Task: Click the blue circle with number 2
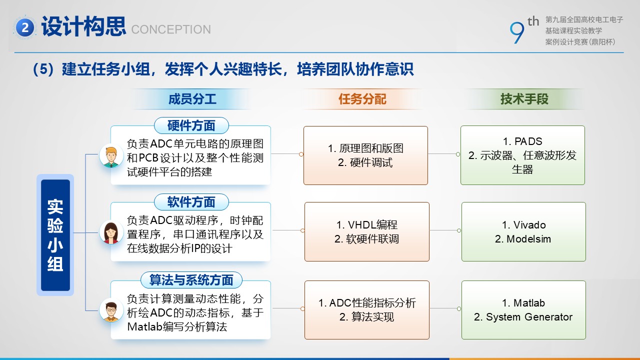(25, 27)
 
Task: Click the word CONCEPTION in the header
(171, 29)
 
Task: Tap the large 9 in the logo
(517, 33)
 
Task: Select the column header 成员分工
(192, 99)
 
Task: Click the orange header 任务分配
(362, 99)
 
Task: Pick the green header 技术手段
(524, 99)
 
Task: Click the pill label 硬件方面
(191, 125)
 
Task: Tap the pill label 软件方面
(191, 202)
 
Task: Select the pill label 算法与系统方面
(191, 280)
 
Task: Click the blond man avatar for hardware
(111, 156)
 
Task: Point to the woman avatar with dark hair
(111, 232)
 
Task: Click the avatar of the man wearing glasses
(111, 310)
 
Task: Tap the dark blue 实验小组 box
(55, 235)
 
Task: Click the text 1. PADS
(522, 141)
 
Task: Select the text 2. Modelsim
(523, 239)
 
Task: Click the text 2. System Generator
(523, 317)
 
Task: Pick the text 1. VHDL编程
(367, 225)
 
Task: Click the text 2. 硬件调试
(365, 162)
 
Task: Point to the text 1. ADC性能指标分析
(367, 303)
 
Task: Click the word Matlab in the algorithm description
(145, 326)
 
